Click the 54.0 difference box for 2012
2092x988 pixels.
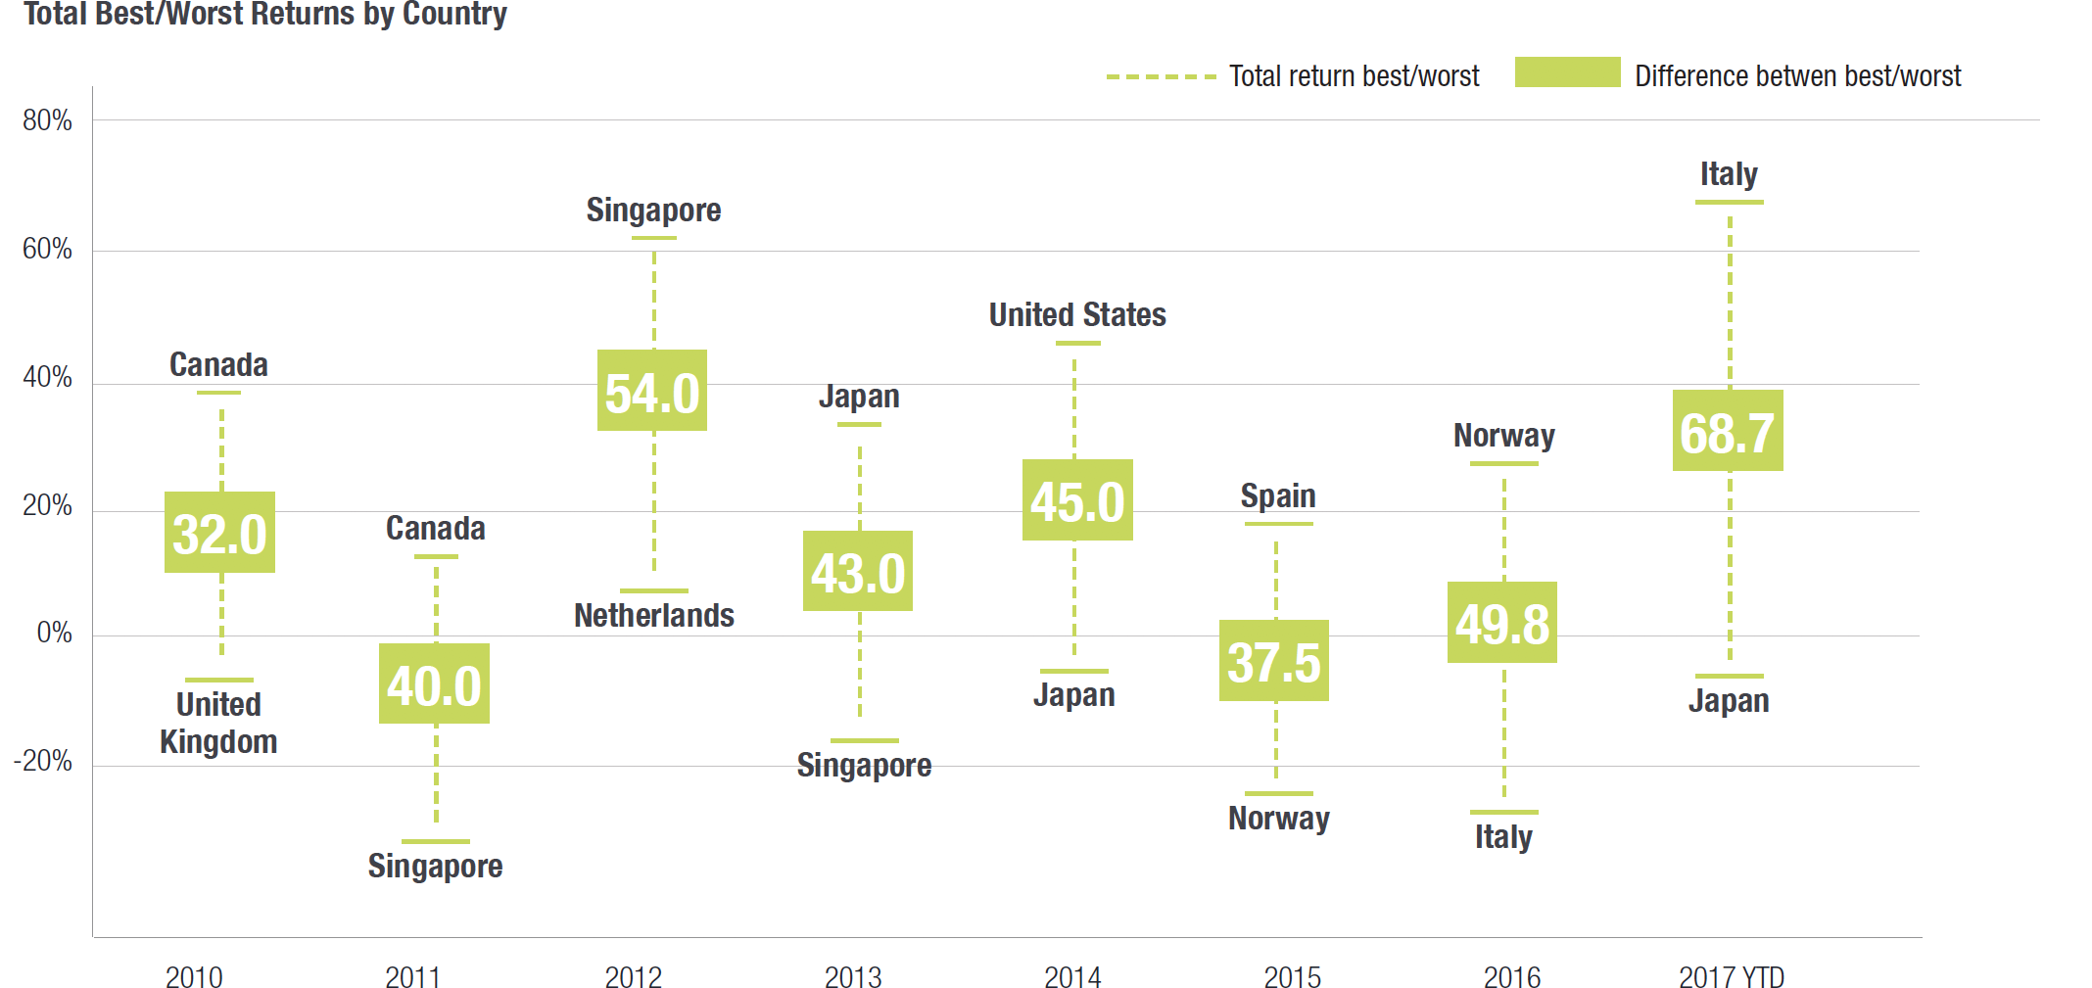coord(652,390)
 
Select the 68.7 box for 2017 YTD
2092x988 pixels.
coord(1728,431)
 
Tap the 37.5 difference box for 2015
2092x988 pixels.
coord(1274,660)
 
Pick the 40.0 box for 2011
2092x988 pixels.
coord(434,683)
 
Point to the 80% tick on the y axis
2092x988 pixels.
coord(47,120)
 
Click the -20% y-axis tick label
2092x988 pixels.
coord(43,761)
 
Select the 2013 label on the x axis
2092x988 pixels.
coord(853,976)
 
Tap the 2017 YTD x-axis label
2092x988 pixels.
coord(1731,976)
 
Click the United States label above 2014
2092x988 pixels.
coord(1077,314)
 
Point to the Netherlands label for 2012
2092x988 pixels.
coord(654,615)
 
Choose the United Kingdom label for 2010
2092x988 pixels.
coord(218,723)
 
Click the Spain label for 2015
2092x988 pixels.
coord(1278,495)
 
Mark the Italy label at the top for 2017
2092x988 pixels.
coord(1729,174)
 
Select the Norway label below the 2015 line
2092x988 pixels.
coord(1279,818)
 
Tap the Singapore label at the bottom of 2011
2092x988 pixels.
coord(436,866)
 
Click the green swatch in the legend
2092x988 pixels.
coord(1567,72)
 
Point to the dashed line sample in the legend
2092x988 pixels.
coord(1161,76)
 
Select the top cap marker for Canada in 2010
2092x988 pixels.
coord(219,393)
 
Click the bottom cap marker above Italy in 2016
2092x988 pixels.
coord(1504,812)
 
